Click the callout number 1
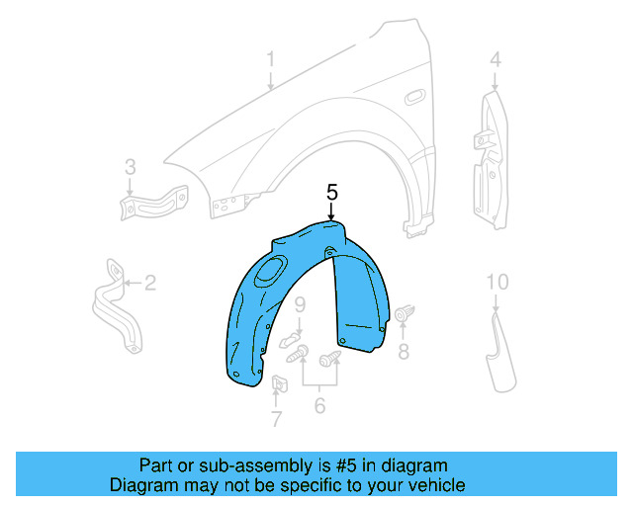click(x=270, y=62)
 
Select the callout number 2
click(x=150, y=285)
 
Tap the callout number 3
click(x=130, y=167)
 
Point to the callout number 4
click(x=495, y=60)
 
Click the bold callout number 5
click(x=332, y=192)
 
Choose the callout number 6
click(x=319, y=403)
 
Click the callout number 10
click(x=497, y=283)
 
